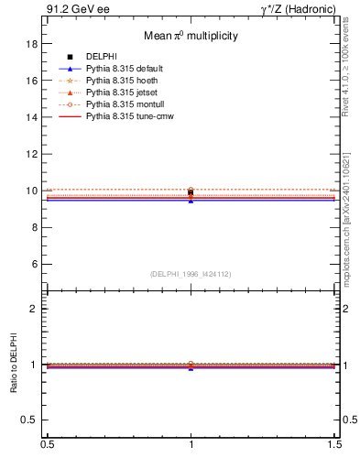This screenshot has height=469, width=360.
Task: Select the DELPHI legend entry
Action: [x=101, y=57]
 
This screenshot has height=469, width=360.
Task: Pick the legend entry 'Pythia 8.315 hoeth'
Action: [x=122, y=81]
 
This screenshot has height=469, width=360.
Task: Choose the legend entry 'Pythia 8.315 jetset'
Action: [x=122, y=93]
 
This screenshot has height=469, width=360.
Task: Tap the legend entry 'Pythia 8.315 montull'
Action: [x=124, y=104]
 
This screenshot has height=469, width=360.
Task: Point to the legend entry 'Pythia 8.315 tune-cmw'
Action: [x=128, y=116]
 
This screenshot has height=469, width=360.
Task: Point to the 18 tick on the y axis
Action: [x=31, y=44]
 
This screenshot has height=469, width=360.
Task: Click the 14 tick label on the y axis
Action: [x=31, y=117]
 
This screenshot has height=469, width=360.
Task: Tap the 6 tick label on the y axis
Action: [x=34, y=264]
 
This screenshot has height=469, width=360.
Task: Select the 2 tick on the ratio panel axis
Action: [x=34, y=309]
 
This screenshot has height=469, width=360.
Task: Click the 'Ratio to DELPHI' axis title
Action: [x=13, y=364]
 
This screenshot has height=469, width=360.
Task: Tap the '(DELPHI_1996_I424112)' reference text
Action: [x=191, y=273]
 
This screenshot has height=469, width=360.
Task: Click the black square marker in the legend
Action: [x=70, y=57]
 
